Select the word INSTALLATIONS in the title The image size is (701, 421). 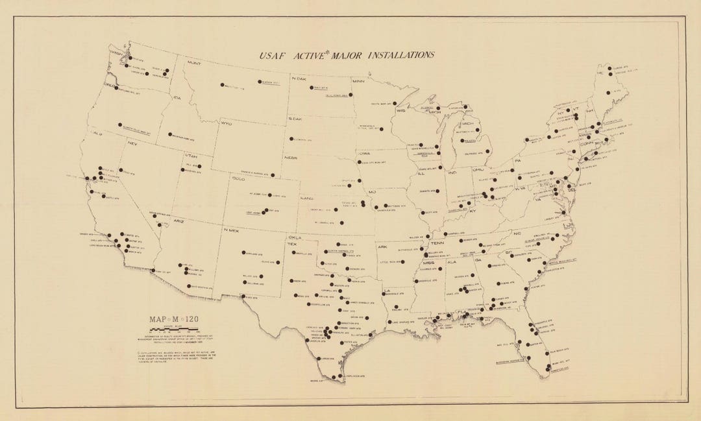(x=400, y=55)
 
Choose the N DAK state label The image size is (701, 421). (x=299, y=78)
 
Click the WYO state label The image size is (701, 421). (x=226, y=123)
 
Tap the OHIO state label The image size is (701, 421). (x=479, y=169)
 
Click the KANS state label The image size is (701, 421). (x=308, y=197)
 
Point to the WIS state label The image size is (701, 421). (x=400, y=111)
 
